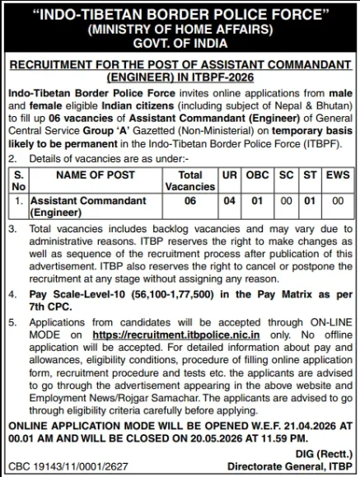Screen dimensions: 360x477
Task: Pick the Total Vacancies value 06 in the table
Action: (190, 200)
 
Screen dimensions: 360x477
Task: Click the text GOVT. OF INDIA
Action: (180, 43)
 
